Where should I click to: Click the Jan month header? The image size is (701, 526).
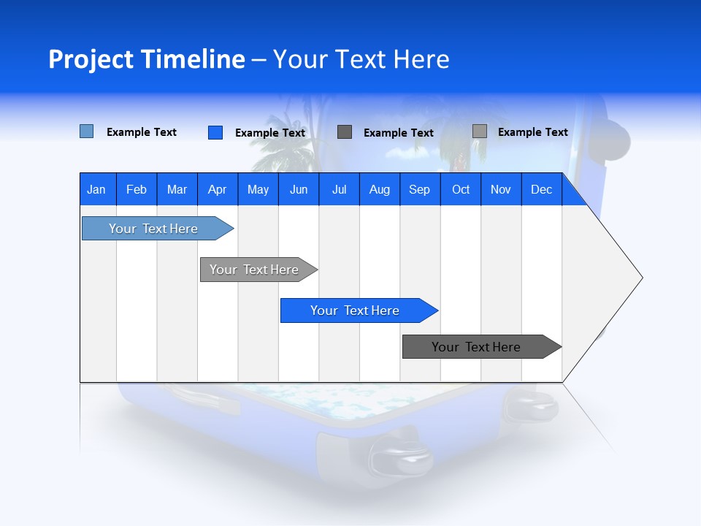point(97,189)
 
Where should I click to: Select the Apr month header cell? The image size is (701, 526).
point(218,189)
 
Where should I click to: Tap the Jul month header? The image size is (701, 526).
point(339,189)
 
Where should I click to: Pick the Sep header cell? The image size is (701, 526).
point(420,189)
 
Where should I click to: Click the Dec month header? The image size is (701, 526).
point(541,189)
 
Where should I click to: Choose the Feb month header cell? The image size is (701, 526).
point(137,189)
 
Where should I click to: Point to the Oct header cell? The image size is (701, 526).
point(461,189)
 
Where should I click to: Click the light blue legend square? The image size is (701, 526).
point(86,131)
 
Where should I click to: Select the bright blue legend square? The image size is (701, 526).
point(215,132)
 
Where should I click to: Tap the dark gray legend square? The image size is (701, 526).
point(345,132)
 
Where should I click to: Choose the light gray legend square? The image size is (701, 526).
point(479,131)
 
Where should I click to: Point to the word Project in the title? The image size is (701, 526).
point(91,59)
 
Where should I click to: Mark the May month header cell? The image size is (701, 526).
point(258,189)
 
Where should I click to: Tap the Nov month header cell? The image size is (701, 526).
point(501,189)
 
